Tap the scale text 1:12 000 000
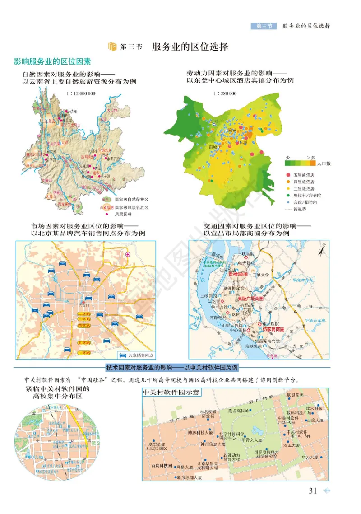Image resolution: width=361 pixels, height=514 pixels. (80, 93)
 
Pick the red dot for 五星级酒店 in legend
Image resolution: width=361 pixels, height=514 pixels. (287, 174)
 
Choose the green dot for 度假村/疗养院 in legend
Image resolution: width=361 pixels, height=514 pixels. (287, 195)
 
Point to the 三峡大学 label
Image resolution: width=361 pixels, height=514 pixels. (261, 274)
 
